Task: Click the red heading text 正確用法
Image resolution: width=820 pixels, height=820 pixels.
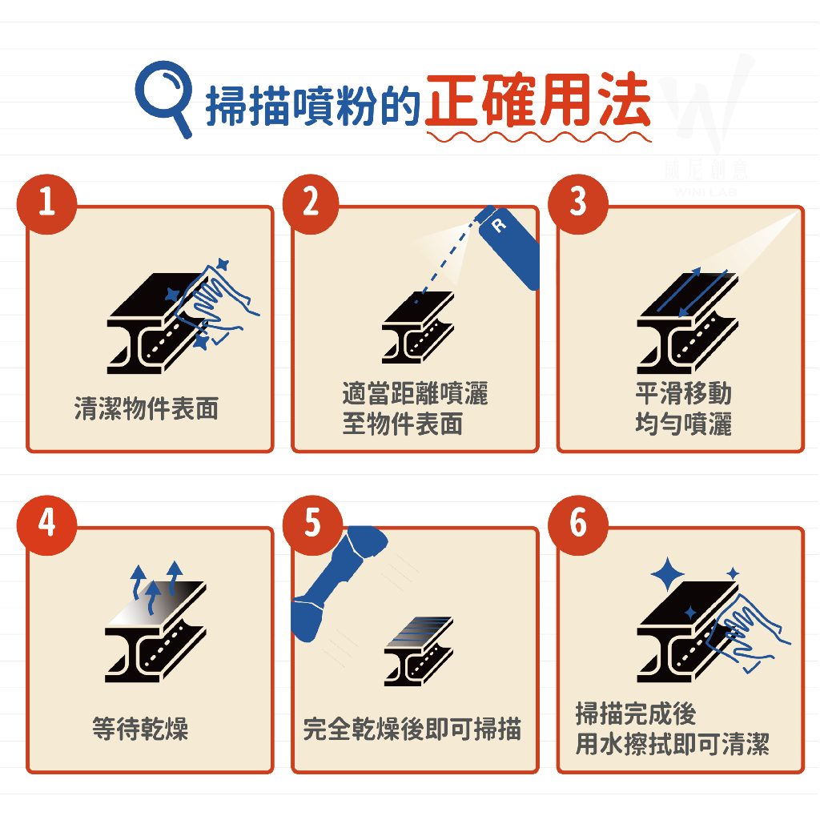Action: [x=538, y=99]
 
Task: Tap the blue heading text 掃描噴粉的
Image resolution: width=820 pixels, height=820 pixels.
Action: [x=313, y=107]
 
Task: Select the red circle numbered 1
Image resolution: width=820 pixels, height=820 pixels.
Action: [x=47, y=204]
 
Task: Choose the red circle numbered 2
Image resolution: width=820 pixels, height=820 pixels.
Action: [x=312, y=204]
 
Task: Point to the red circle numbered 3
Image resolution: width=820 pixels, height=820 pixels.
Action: [x=578, y=204]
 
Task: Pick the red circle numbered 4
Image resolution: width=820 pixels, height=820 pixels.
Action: [x=47, y=525]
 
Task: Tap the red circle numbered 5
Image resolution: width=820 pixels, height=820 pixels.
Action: [x=312, y=525]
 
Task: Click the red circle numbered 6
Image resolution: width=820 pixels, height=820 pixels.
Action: [x=578, y=525]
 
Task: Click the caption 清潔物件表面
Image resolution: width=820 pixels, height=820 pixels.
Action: [x=147, y=408]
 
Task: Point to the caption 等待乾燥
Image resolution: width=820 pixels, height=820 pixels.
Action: [x=140, y=729]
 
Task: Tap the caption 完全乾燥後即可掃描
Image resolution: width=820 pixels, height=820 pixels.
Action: [x=412, y=729]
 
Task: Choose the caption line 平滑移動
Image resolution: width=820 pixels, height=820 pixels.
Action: [x=684, y=393]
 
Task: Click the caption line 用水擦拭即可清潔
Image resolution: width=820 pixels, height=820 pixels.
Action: [x=673, y=744]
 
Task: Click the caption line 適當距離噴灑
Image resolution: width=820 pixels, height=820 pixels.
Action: [x=416, y=393]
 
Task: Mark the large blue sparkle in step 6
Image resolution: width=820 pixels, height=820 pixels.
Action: [x=667, y=575]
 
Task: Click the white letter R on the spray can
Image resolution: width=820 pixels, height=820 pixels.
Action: [x=499, y=225]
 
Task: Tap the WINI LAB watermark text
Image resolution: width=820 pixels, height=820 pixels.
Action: [x=705, y=192]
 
